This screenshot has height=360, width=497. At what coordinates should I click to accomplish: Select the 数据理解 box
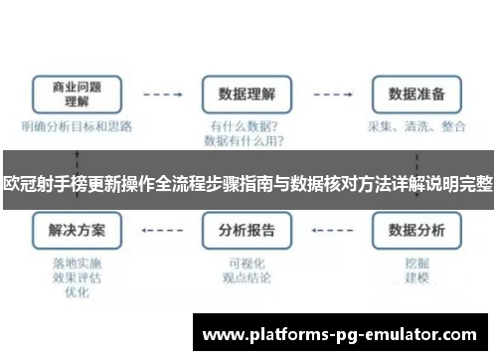pos(247,94)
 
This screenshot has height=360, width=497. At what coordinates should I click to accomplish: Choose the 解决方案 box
pos(77,231)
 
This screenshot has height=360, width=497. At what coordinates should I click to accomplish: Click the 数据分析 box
pos(414,231)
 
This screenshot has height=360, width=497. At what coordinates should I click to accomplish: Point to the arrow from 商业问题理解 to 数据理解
pos(162,94)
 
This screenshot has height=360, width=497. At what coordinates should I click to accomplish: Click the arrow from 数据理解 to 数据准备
pos(331,94)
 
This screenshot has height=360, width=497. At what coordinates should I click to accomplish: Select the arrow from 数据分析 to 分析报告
pos(331,231)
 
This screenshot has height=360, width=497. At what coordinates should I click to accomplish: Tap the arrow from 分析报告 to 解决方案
pos(162,231)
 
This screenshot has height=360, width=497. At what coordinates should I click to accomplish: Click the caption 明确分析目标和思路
pos(77,127)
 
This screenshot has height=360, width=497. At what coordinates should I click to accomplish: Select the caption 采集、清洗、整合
pos(414,127)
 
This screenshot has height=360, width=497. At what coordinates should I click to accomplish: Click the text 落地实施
pos(77,266)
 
